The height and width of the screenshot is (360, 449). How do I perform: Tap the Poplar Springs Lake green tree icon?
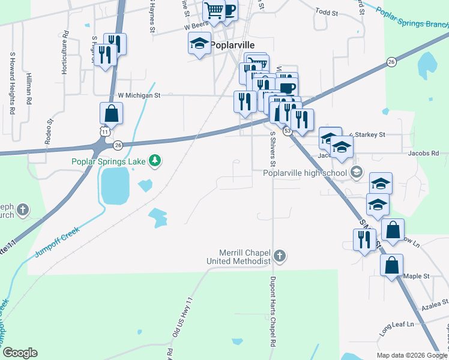tap(155, 160)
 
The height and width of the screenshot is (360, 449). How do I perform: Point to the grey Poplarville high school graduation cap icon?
tap(357, 173)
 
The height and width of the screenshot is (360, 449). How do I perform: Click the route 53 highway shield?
tap(288, 130)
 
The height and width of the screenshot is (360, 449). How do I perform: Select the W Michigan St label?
tap(139, 95)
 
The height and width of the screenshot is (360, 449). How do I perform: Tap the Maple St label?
tap(417, 276)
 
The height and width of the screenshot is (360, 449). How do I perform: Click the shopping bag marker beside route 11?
tap(112, 113)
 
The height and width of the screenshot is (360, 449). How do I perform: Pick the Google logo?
tap(20, 353)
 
